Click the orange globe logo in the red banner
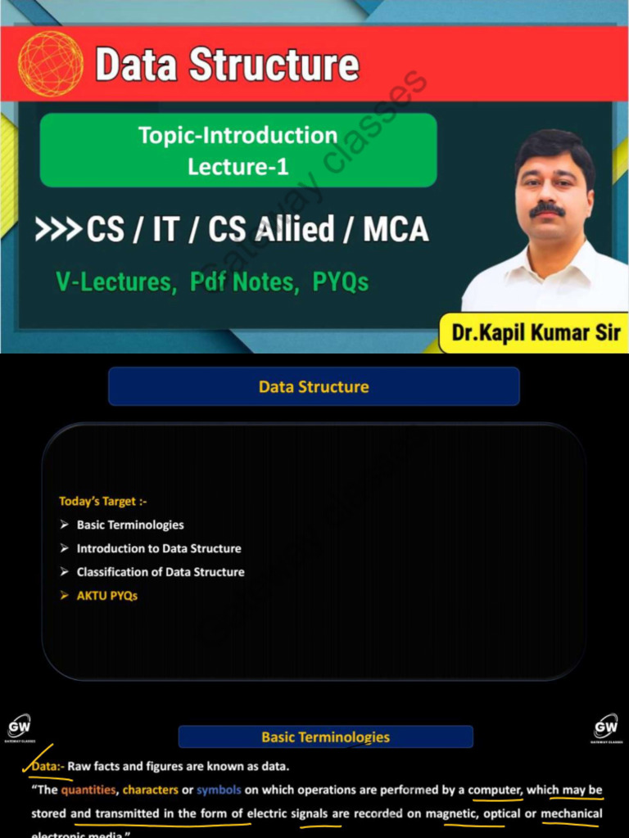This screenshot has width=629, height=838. (x=51, y=64)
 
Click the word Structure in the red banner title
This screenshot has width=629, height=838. (x=274, y=65)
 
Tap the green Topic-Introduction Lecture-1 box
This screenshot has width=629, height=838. (x=238, y=150)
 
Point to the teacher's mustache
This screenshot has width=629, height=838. (x=546, y=209)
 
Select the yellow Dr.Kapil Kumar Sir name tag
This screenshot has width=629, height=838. (x=536, y=333)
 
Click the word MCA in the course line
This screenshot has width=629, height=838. (x=396, y=230)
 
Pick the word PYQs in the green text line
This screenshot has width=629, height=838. (x=341, y=282)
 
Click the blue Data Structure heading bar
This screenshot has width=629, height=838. (x=314, y=386)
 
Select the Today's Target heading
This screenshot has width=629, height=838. (x=102, y=501)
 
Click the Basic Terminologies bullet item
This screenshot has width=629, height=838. (x=130, y=525)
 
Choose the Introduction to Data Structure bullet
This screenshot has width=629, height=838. (x=158, y=548)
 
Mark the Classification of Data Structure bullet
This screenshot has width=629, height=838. (x=160, y=572)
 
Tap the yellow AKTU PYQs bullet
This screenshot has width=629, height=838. (x=106, y=596)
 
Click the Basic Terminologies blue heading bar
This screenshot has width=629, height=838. (x=325, y=737)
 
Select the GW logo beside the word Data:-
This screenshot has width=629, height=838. (x=20, y=728)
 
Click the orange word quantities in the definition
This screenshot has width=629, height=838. (x=88, y=790)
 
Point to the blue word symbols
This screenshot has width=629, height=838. (x=218, y=790)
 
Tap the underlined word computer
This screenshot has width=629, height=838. (x=495, y=790)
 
